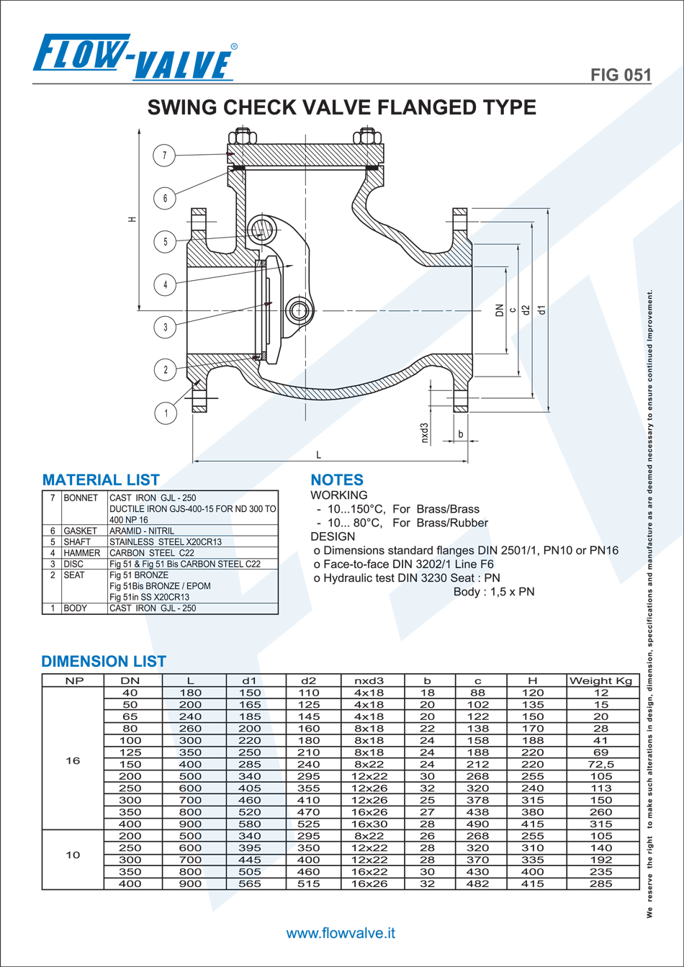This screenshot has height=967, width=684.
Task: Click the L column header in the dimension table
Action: [191, 680]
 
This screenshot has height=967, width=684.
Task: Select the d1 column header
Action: [249, 680]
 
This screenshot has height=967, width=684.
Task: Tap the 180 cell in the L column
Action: [191, 693]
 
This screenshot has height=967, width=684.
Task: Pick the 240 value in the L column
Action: [191, 716]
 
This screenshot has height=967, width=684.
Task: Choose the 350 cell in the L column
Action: [191, 752]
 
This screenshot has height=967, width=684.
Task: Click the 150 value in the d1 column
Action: [250, 693]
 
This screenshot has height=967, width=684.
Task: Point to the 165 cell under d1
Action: [250, 705]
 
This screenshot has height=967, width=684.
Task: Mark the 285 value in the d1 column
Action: [250, 764]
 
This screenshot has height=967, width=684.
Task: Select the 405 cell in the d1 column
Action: [250, 788]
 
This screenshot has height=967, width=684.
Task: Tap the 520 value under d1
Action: [250, 812]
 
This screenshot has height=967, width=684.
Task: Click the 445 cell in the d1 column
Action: [250, 860]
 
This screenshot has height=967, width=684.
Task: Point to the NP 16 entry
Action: [136, 520]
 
